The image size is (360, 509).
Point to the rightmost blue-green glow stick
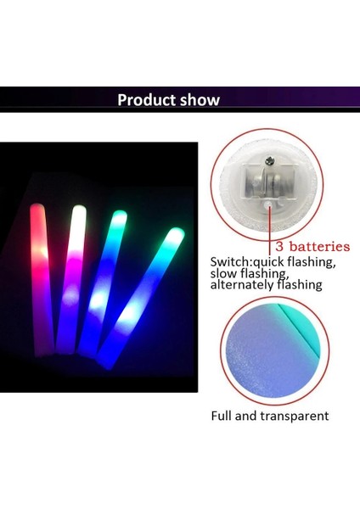click(x=140, y=297)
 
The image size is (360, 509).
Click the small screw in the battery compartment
click(x=270, y=159)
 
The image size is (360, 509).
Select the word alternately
click(x=245, y=285)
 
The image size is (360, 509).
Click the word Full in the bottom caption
click(x=223, y=416)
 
